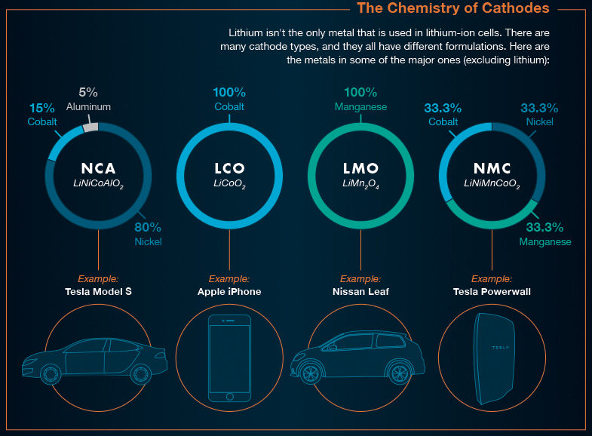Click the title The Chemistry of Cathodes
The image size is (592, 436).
pyautogui.click(x=453, y=8)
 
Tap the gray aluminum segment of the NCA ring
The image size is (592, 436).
pyautogui.click(x=90, y=127)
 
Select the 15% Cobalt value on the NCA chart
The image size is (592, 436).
pyautogui.click(x=42, y=108)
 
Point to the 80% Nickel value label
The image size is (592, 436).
pyautogui.click(x=148, y=227)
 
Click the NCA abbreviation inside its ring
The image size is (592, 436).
pyautogui.click(x=98, y=168)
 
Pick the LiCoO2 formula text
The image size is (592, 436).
pyautogui.click(x=229, y=184)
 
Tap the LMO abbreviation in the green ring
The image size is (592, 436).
pyautogui.click(x=360, y=168)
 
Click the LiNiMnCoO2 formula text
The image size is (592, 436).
pyautogui.click(x=492, y=184)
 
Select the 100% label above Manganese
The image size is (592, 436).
pyautogui.click(x=360, y=92)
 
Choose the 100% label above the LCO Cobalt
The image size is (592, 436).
pyautogui.click(x=229, y=92)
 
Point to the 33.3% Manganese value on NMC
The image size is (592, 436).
pyautogui.click(x=544, y=227)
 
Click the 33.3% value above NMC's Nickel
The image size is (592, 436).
pyautogui.click(x=539, y=108)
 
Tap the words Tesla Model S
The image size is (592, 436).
pyautogui.click(x=98, y=291)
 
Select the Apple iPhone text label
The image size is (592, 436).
pyautogui.click(x=229, y=291)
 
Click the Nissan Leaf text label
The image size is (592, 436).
pyautogui.click(x=360, y=291)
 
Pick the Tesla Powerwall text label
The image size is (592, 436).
pyautogui.click(x=492, y=291)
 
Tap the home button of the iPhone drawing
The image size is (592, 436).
pyautogui.click(x=229, y=397)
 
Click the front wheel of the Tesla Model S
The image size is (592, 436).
pyautogui.click(x=50, y=374)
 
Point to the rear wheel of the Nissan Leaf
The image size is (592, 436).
pyautogui.click(x=400, y=373)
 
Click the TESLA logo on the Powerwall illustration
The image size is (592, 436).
pyautogui.click(x=500, y=347)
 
